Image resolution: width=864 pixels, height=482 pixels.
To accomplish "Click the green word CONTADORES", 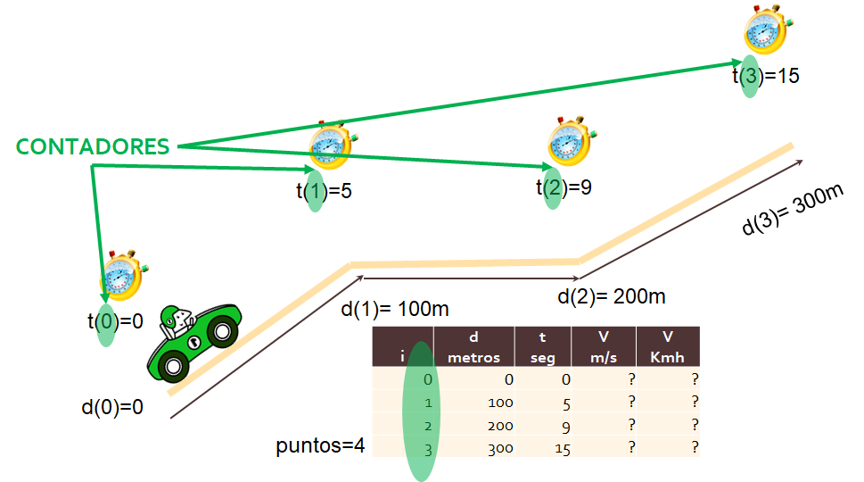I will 93,147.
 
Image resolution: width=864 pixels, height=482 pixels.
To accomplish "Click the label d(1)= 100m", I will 394,311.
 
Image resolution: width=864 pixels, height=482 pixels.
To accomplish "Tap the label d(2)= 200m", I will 611,296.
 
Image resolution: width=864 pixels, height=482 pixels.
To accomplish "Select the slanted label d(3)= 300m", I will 793,208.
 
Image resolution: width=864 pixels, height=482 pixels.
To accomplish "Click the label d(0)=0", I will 112,408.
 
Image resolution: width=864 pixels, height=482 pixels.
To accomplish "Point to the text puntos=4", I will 320,445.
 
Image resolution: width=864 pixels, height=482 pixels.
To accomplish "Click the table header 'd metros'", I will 474,347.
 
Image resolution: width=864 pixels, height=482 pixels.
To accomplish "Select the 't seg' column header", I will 543,347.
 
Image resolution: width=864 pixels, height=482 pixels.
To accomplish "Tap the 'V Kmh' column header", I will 667,347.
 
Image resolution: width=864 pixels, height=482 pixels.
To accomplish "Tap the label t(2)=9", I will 564,188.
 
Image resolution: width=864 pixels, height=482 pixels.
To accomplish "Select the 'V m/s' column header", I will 604,347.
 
